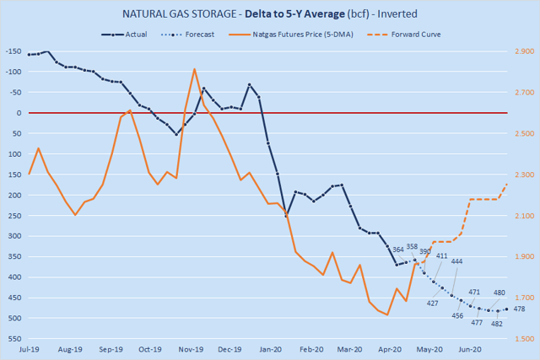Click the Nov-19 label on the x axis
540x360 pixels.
(x=191, y=349)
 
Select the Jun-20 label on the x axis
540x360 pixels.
(x=471, y=349)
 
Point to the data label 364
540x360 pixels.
(x=398, y=249)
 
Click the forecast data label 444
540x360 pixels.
(x=456, y=261)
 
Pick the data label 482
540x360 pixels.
(x=497, y=324)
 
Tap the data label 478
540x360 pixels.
(x=519, y=309)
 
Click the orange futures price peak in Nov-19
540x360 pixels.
(x=195, y=69)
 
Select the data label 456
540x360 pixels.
(x=458, y=315)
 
